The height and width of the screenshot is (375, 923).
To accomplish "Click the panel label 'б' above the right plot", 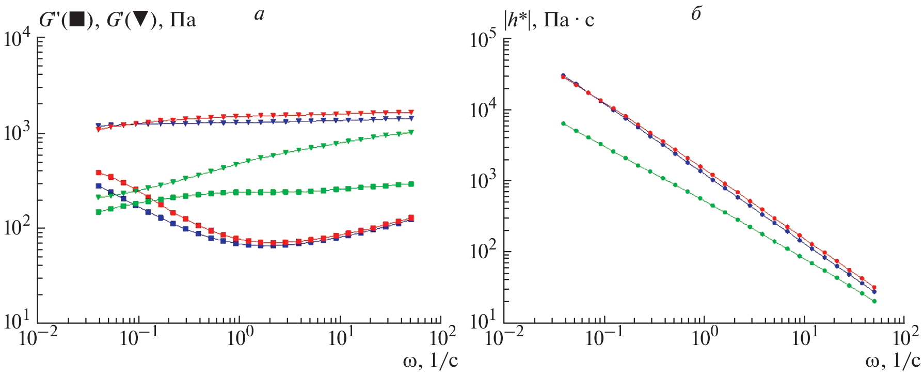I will [696, 14].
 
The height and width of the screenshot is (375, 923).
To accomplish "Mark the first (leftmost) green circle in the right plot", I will [563, 123].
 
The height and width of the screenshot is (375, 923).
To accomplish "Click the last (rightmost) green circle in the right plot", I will [874, 301].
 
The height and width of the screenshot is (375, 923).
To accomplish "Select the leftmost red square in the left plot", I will [99, 173].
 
